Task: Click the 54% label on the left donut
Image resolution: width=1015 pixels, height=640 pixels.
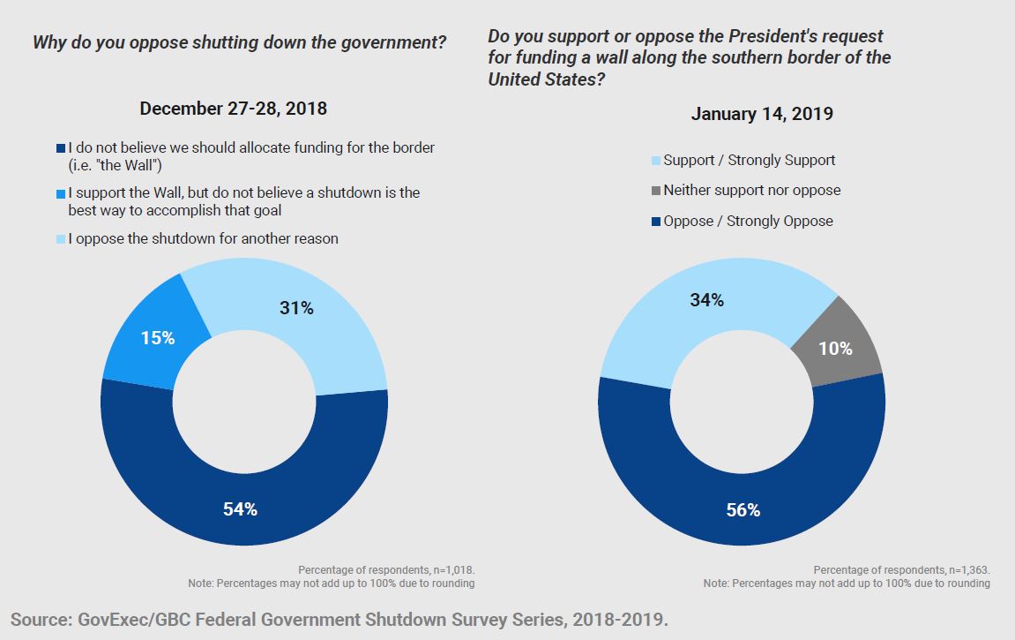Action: coord(239,509)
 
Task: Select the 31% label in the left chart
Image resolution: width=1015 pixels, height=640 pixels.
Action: coord(296,308)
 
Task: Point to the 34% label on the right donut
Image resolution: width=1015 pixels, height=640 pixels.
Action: coord(706,300)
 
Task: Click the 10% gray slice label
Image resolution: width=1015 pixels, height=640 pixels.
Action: coord(835,348)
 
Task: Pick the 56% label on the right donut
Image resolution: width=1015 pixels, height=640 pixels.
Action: coord(743,510)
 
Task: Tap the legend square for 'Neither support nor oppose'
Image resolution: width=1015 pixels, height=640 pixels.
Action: coord(655,191)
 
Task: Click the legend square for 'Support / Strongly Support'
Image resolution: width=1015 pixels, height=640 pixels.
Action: coord(655,161)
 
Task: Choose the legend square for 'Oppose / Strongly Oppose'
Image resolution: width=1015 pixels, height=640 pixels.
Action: coord(655,222)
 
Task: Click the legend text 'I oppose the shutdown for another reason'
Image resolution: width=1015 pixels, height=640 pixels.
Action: coord(204,238)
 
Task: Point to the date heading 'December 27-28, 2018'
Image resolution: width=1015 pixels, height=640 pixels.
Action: coord(233,109)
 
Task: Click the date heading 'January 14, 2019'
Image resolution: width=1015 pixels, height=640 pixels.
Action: coord(762,114)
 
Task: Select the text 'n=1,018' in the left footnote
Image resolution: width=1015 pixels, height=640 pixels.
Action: coord(451,570)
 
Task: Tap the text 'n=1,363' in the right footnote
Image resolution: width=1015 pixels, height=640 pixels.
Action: coord(965,570)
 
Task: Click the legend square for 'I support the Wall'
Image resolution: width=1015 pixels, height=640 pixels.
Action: coord(60,193)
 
